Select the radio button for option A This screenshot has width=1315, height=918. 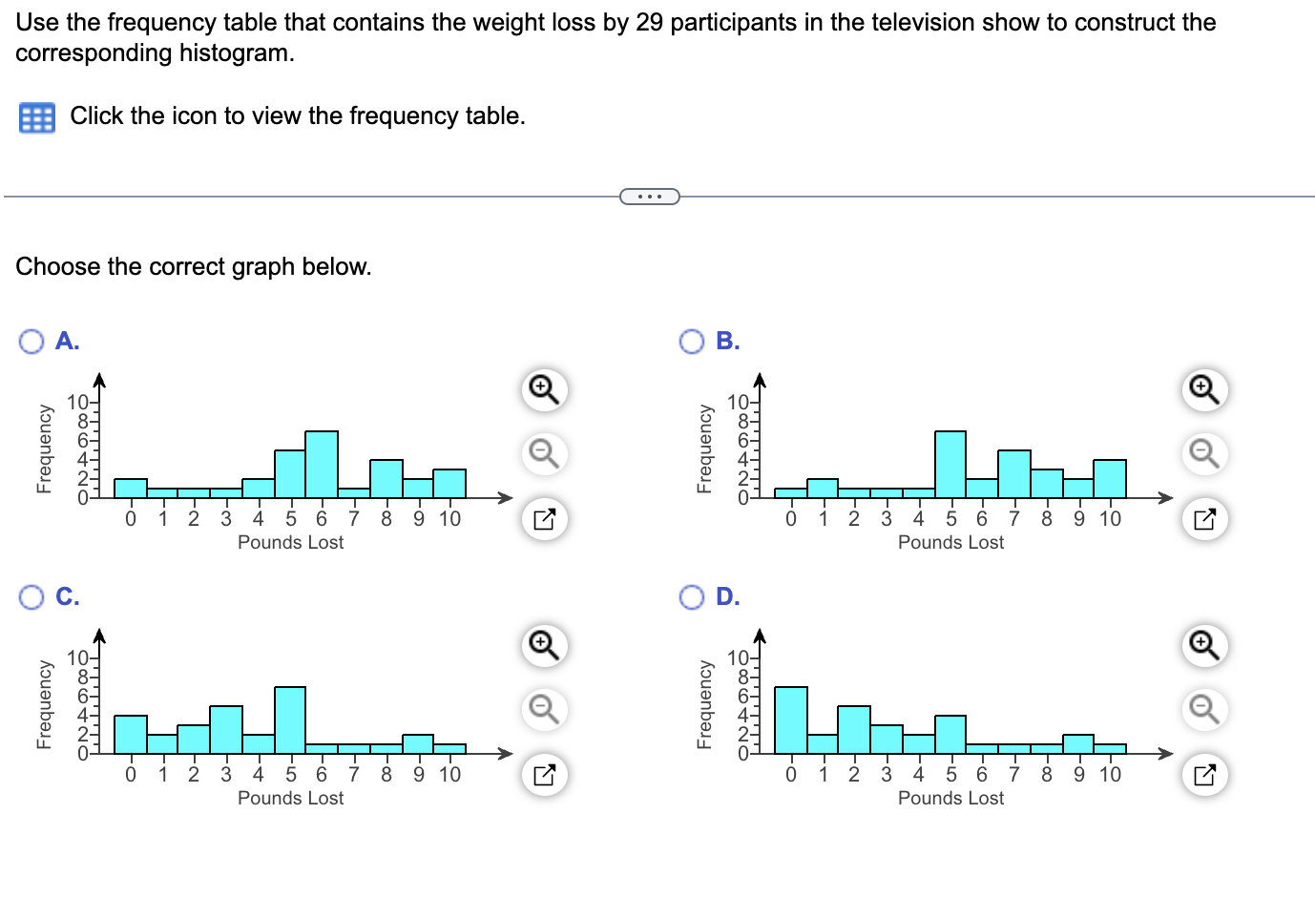coord(31,342)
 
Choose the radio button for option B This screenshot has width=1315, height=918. coord(692,342)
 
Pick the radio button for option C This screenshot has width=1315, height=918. coord(31,597)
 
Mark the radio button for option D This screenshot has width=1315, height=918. coord(692,597)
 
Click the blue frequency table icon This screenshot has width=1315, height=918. coord(37,117)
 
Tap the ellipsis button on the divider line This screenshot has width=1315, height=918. coord(650,197)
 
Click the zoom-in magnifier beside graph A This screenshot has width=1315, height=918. coord(544,389)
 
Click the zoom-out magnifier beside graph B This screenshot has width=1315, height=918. coord(1204,453)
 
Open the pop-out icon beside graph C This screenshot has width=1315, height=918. coord(544,774)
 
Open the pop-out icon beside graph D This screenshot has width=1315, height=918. coord(1204,774)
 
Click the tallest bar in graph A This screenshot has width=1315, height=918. coord(322,465)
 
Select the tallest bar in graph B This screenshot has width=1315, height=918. coord(950,465)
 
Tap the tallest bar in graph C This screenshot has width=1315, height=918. coord(290,720)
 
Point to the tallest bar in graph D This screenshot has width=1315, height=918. coord(791,720)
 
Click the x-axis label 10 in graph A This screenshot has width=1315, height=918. coord(449,519)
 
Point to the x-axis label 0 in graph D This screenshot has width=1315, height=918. coord(791,775)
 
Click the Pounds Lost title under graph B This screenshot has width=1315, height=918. coord(950,543)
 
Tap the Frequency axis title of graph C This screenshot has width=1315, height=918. coord(44,704)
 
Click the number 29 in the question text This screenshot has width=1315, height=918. coord(649,22)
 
